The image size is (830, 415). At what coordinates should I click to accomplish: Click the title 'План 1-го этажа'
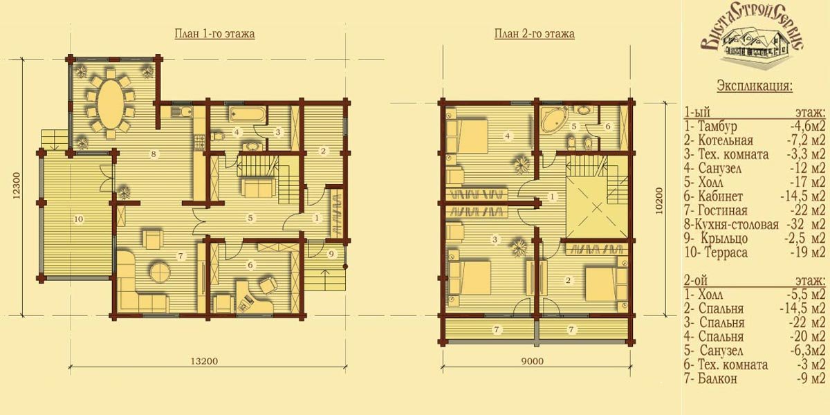coord(214,34)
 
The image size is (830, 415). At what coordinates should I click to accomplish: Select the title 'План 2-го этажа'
coord(534,34)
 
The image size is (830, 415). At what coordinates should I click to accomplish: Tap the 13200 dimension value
coord(204,361)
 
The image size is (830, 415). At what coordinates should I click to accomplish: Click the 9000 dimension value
coord(533,361)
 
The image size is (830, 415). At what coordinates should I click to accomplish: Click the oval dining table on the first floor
coord(109,104)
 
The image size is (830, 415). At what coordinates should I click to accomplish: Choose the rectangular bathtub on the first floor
coord(248,115)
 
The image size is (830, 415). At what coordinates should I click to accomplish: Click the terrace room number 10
coord(79,219)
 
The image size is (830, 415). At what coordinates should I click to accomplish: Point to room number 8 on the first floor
coord(154,154)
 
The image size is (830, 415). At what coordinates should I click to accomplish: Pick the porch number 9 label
coord(331,254)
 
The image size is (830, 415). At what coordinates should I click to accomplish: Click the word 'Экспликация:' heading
coord(755,86)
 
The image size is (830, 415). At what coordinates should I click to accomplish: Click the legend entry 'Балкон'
coord(717,379)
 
